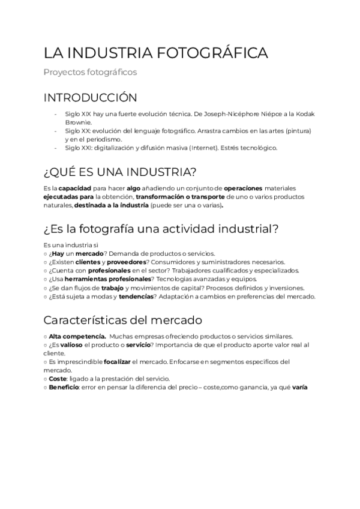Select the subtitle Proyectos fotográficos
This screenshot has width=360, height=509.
tap(90, 72)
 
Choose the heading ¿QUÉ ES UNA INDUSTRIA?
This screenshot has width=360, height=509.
tap(120, 173)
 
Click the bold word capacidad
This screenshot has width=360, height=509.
tap(73, 188)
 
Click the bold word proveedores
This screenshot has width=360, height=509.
tap(127, 262)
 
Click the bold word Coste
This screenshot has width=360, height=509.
tap(58, 379)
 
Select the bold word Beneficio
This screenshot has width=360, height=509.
tap(65, 387)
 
